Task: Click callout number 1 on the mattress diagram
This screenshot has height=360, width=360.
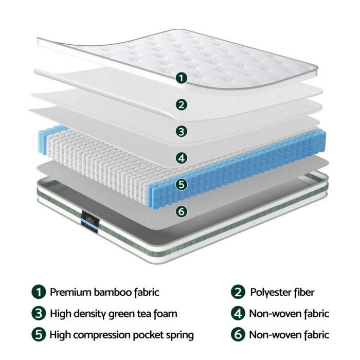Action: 181,78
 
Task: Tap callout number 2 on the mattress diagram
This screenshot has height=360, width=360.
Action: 181,105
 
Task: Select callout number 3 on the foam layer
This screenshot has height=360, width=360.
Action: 181,131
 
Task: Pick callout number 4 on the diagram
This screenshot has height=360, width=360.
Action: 181,158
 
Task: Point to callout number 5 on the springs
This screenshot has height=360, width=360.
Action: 181,184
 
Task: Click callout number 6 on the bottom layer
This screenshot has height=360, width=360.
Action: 181,211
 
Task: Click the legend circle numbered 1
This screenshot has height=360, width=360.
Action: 38,292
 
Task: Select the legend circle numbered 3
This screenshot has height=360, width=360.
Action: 38,313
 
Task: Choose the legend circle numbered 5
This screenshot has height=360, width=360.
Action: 38,335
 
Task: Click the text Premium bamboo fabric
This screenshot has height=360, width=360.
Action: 104,292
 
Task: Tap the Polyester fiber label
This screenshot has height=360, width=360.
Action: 282,292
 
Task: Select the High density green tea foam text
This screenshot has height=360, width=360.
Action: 113,313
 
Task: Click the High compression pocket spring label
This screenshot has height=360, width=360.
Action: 121,335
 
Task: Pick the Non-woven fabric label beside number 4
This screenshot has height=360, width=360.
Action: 289,313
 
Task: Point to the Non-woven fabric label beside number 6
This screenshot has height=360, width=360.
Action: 289,335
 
